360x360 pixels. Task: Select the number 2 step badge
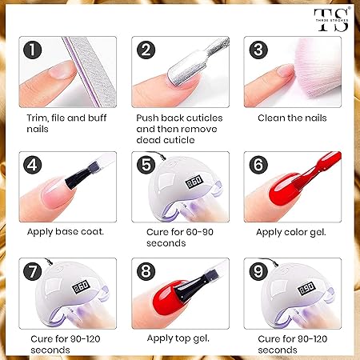click(x=146, y=50)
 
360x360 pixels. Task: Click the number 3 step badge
click(x=258, y=50)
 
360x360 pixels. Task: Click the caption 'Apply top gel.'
click(x=177, y=337)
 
